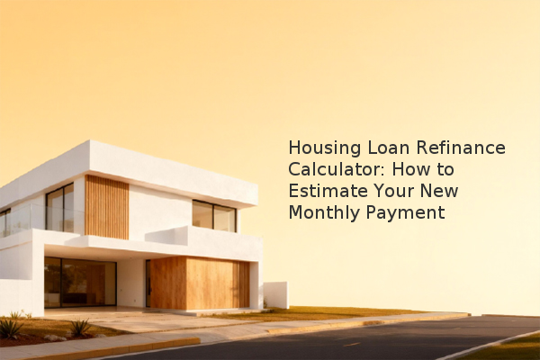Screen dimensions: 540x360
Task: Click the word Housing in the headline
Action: click(x=324, y=148)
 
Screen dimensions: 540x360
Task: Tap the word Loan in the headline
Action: click(x=389, y=148)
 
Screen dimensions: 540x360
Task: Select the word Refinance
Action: click(x=461, y=148)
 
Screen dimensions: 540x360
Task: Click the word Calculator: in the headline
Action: click(x=337, y=169)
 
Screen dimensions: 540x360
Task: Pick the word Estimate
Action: click(x=328, y=191)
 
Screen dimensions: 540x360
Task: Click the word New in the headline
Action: click(x=439, y=191)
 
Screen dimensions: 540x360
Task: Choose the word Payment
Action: click(x=405, y=213)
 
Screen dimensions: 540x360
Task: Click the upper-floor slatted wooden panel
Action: click(x=107, y=207)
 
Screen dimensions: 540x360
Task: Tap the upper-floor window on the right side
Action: click(x=214, y=216)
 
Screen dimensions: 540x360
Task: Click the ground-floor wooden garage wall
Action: click(x=200, y=283)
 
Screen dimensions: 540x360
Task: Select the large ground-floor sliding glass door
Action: click(x=80, y=282)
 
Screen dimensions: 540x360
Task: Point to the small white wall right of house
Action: click(x=276, y=295)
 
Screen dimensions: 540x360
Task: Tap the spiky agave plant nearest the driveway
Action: click(x=81, y=328)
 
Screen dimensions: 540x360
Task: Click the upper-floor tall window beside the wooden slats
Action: click(x=60, y=207)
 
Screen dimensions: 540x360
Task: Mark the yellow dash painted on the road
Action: click(x=352, y=344)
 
